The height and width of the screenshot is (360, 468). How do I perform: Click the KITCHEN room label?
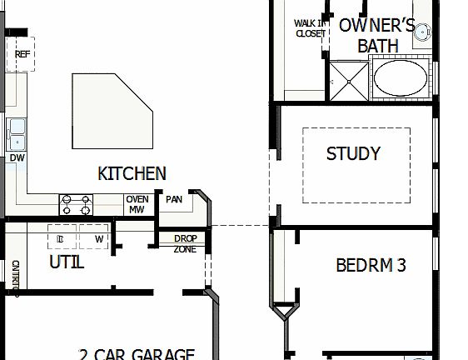132,173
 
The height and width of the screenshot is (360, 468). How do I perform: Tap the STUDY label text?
353,153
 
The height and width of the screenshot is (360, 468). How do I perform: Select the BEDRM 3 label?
371,266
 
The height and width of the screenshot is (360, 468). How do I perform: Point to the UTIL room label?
67,262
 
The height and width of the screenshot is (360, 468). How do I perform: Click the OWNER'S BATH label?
377,35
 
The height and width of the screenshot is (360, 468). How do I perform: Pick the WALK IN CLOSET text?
310,28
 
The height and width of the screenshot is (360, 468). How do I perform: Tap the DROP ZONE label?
185,243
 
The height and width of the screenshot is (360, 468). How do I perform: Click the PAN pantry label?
174,199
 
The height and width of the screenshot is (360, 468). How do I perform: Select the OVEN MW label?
137,204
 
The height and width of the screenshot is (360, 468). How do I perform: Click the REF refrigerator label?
22,54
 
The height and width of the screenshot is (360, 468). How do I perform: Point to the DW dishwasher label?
17,157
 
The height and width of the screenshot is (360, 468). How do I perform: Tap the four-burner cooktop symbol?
75,204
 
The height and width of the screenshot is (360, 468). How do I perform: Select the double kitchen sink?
17,132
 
